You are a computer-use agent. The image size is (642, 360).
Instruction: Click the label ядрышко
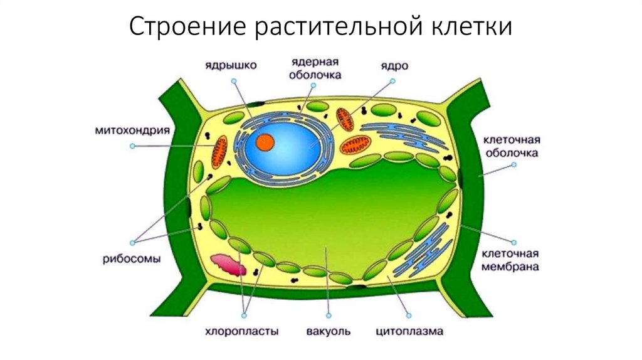click(x=230, y=65)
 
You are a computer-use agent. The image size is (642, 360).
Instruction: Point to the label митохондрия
click(x=132, y=131)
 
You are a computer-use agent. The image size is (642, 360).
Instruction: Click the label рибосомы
click(x=132, y=257)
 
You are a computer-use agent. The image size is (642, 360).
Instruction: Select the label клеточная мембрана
click(x=510, y=260)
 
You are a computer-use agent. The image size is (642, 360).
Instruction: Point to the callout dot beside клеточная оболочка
click(x=513, y=165)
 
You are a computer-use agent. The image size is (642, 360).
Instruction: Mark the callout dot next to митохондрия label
click(x=132, y=146)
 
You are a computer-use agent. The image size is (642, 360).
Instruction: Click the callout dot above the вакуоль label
click(x=329, y=315)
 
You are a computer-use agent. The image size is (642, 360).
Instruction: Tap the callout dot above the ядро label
click(x=392, y=81)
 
